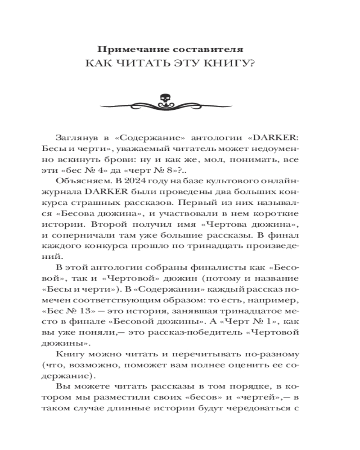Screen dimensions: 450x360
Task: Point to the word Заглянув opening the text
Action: (76, 137)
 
